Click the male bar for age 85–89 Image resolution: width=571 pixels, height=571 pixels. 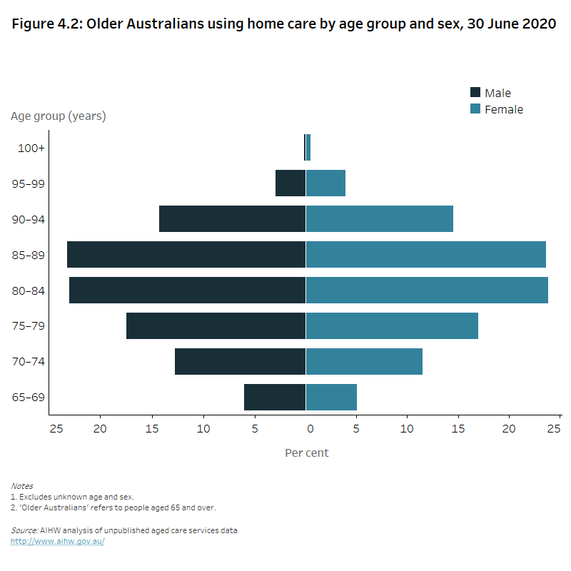186,255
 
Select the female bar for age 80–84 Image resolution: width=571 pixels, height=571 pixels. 427,290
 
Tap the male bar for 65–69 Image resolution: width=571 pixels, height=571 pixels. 275,398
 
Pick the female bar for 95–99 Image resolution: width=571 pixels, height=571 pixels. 325,183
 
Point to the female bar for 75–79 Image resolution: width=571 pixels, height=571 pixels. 392,326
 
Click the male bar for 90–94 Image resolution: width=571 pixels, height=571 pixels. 232,219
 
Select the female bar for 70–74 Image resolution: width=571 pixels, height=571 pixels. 364,362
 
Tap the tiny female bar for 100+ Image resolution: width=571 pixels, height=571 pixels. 308,148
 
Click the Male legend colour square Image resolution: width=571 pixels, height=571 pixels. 475,93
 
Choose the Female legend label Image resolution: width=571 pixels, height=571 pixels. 504,110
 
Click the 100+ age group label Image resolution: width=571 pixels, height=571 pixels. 32,148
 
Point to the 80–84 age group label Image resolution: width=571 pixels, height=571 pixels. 29,291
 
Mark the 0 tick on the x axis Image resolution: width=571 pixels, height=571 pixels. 310,429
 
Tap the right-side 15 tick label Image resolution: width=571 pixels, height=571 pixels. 458,429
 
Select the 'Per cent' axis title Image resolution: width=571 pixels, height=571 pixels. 307,453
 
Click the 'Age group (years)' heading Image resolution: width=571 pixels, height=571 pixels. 59,116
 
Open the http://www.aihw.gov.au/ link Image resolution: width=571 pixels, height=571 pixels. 58,542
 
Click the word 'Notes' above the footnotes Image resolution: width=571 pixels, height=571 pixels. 21,486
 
